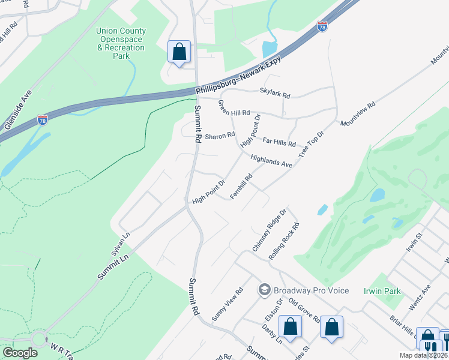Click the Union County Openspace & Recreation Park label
[121, 43]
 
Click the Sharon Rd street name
[220, 136]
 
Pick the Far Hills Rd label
[280, 142]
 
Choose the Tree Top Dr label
[311, 143]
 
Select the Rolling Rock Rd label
[285, 241]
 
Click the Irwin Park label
[382, 291]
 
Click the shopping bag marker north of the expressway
[179, 52]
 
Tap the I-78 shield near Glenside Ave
[42, 120]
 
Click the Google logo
[20, 353]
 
